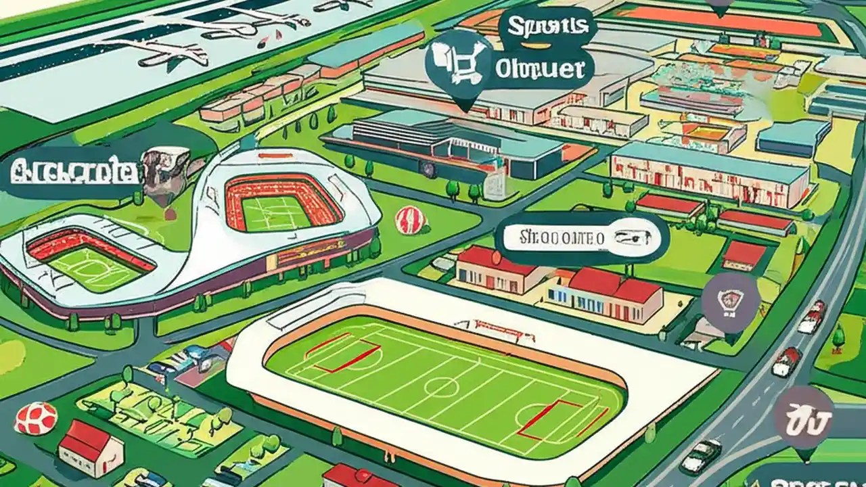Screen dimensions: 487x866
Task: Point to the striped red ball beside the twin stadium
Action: coord(411,221)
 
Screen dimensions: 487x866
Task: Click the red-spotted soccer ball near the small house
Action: coord(36,418)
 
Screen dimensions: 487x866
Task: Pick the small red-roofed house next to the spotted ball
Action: coord(91,448)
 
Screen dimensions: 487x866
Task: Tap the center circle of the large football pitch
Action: coord(441,386)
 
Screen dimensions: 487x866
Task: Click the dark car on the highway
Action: coord(700,455)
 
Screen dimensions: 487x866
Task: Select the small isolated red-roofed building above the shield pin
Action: coord(744,255)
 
